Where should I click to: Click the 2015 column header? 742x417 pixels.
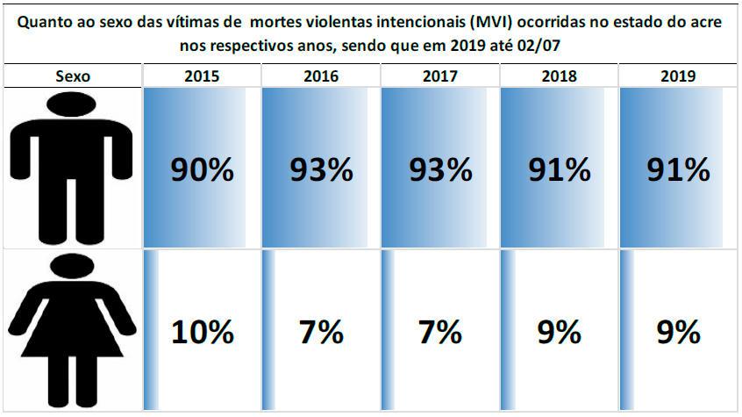[202, 76]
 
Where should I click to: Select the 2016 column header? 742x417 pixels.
[321, 76]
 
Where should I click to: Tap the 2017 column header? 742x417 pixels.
[440, 76]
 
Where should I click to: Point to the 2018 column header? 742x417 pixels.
[560, 76]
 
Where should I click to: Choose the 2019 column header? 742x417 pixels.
[678, 76]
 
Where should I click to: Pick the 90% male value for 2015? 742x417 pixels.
[202, 169]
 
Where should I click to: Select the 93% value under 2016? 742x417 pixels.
[321, 169]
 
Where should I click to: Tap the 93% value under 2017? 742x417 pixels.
[440, 169]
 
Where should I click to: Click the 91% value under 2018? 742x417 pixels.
[560, 169]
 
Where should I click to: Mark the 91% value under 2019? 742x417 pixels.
[678, 169]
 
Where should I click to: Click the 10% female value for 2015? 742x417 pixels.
[202, 333]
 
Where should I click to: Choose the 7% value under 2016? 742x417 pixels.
[321, 333]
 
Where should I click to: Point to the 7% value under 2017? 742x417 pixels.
[440, 333]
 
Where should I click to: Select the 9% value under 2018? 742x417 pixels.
[560, 333]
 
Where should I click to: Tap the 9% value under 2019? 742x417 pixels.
[678, 333]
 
